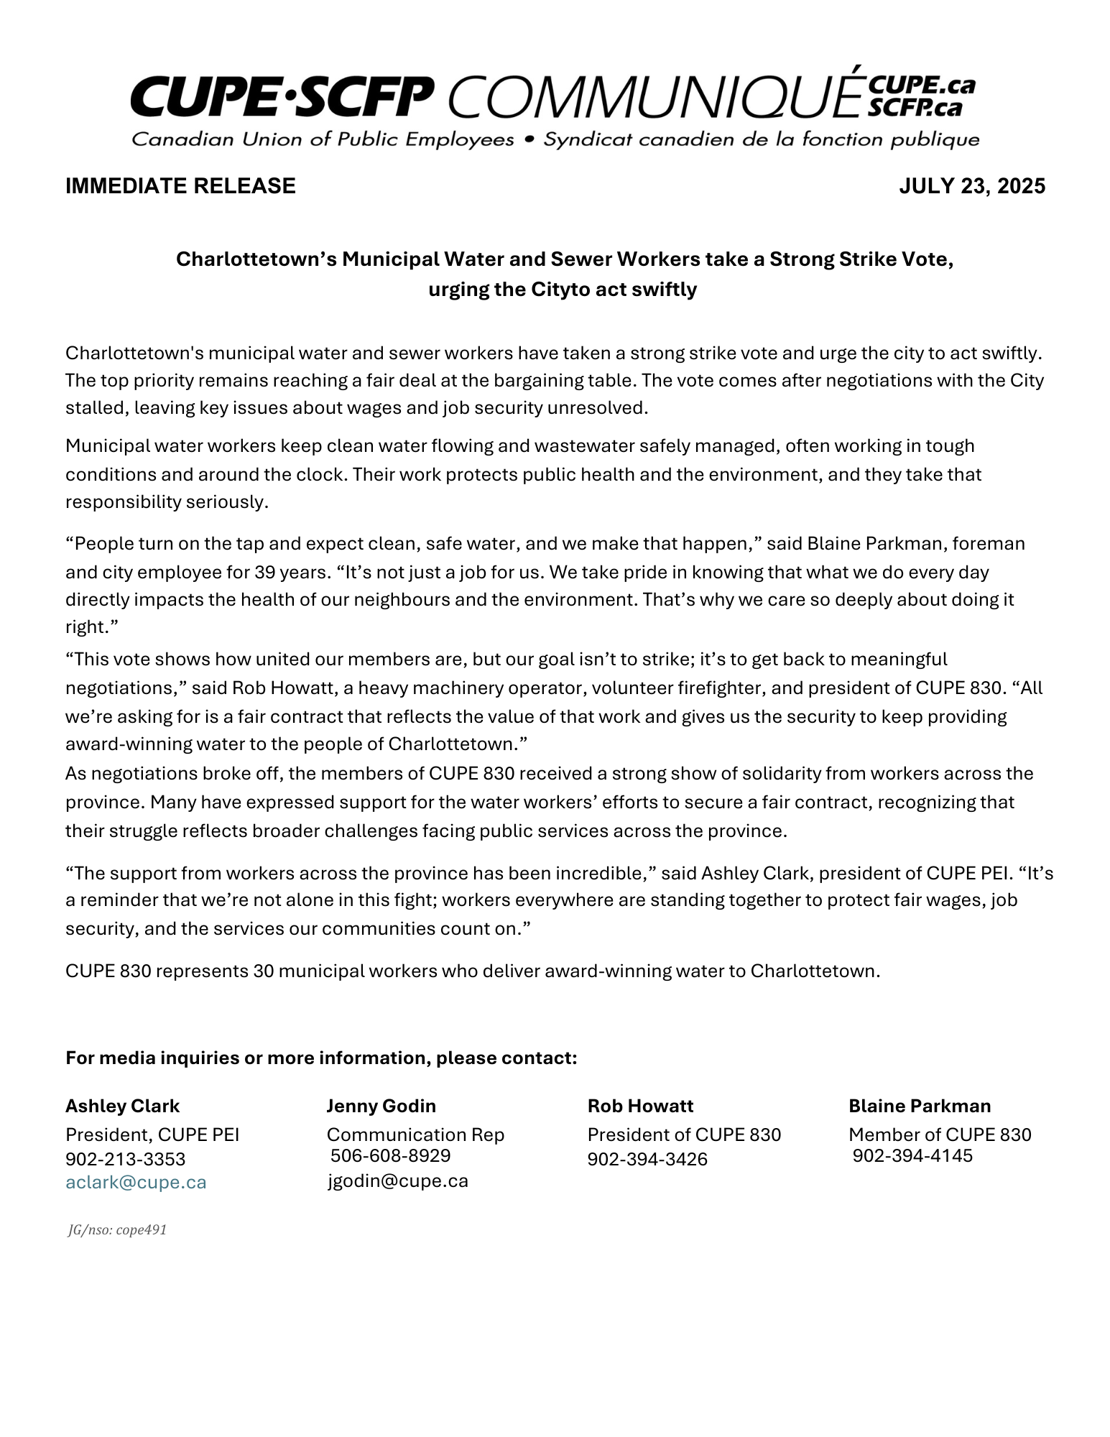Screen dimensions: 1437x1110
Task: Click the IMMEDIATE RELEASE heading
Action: click(180, 186)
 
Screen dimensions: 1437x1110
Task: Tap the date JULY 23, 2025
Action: click(972, 186)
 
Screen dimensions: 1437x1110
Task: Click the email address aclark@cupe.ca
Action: click(136, 1183)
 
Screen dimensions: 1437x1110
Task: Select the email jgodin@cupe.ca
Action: click(398, 1180)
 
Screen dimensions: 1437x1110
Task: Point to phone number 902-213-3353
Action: click(126, 1159)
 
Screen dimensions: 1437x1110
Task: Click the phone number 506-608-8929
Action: click(390, 1155)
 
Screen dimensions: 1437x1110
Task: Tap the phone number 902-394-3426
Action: click(647, 1159)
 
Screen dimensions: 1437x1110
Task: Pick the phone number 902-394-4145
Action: click(912, 1155)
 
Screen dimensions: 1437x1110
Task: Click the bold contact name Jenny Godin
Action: click(381, 1106)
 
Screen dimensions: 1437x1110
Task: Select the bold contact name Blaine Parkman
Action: click(920, 1106)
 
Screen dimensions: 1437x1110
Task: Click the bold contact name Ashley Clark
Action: click(123, 1106)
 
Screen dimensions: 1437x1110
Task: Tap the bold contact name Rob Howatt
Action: click(640, 1106)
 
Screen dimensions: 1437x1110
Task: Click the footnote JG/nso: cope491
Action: click(117, 1230)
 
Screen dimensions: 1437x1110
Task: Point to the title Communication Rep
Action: click(415, 1135)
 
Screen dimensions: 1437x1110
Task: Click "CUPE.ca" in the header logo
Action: click(922, 86)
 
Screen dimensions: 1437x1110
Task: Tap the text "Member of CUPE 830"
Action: click(940, 1135)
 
